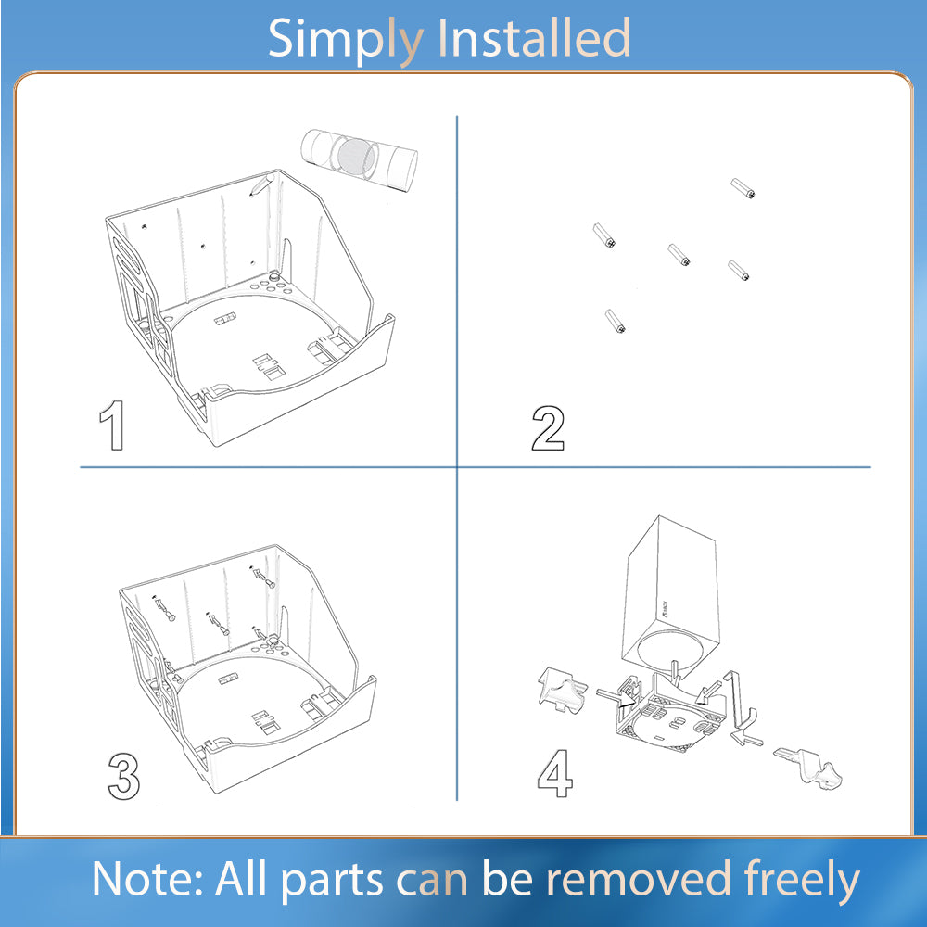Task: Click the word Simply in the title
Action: click(346, 39)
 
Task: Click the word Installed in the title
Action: click(534, 37)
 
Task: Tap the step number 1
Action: click(112, 425)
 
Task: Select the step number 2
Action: click(548, 428)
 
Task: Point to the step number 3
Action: click(124, 776)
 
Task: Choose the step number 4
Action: click(555, 774)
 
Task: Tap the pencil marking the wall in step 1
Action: click(260, 184)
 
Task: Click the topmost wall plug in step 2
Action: click(743, 188)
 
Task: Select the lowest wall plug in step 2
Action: click(616, 321)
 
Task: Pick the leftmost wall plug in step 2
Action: click(604, 235)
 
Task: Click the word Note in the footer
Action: click(147, 879)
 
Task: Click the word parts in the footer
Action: click(332, 882)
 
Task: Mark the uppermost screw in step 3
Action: click(264, 578)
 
